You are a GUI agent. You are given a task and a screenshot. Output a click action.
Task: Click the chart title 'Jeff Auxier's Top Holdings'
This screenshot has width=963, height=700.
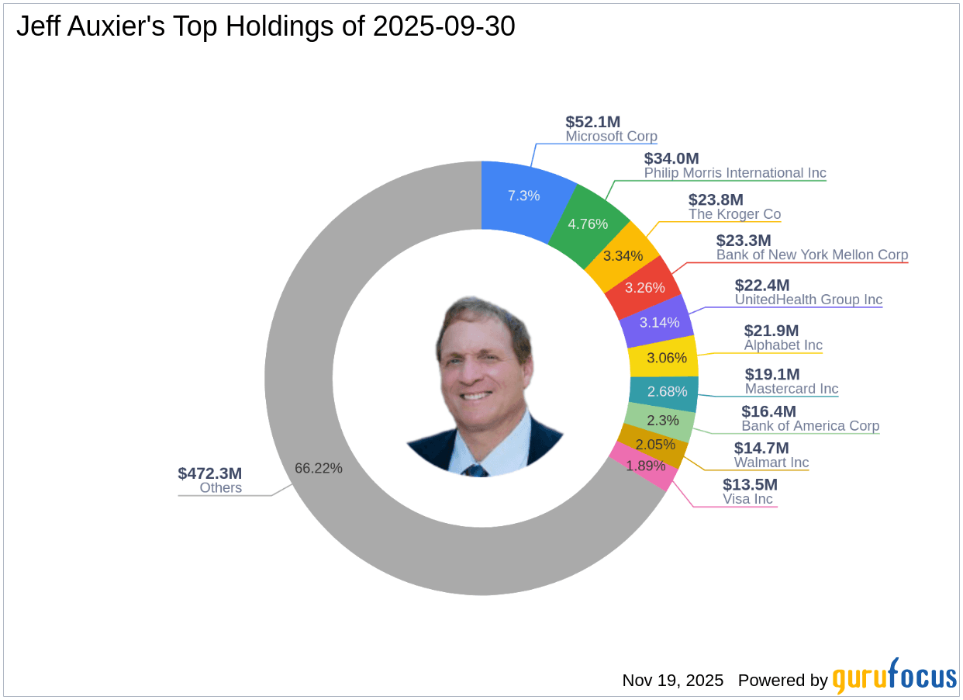click(x=265, y=27)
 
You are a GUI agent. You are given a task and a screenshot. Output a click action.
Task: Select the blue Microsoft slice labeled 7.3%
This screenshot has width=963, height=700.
click(x=523, y=196)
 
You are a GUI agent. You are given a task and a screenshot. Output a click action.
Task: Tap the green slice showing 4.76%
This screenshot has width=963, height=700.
click(x=588, y=224)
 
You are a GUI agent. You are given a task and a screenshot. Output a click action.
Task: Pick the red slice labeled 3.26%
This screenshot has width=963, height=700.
click(x=644, y=287)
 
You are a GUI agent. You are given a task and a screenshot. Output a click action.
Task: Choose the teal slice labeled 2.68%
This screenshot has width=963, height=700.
click(x=667, y=391)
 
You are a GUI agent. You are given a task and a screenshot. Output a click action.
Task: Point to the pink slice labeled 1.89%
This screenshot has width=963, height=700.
click(x=645, y=466)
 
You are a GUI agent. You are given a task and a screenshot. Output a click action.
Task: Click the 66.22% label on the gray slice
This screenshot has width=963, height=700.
click(x=318, y=468)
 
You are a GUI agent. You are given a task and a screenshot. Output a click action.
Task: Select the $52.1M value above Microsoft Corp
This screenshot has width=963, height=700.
click(x=592, y=121)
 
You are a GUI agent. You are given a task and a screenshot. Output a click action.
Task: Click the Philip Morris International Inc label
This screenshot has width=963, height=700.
click(x=735, y=173)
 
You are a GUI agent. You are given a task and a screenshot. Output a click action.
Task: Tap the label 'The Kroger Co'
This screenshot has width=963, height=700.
click(x=734, y=214)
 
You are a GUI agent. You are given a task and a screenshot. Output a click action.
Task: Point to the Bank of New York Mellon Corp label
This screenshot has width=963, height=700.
click(x=812, y=255)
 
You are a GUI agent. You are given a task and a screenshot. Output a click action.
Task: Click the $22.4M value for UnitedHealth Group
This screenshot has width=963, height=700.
click(x=762, y=285)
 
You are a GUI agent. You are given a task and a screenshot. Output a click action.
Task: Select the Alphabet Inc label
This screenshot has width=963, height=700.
click(x=783, y=345)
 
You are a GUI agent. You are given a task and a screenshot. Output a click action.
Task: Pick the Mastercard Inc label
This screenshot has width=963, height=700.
click(x=792, y=389)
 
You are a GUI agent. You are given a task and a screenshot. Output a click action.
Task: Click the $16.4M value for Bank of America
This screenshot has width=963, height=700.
click(x=768, y=411)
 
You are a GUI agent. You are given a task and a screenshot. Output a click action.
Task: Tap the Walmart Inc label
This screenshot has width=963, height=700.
click(x=771, y=463)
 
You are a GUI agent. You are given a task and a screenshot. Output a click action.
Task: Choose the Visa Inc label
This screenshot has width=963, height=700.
click(x=747, y=499)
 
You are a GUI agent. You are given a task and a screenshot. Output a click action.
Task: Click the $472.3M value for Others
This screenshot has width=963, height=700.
click(x=209, y=473)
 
